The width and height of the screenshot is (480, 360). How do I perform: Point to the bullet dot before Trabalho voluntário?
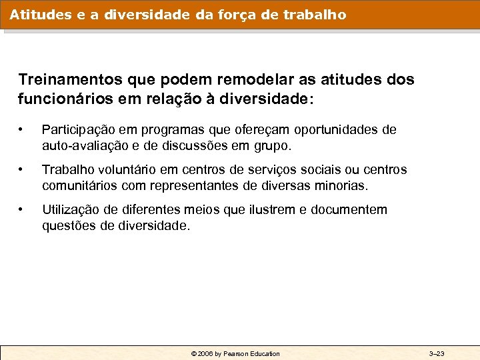(x=23, y=170)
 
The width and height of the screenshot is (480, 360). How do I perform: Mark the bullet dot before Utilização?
(x=23, y=210)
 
